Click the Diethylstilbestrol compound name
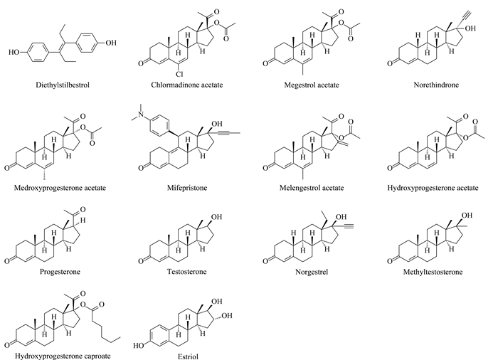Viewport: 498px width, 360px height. [x=63, y=85]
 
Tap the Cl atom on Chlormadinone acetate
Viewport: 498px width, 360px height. [x=179, y=75]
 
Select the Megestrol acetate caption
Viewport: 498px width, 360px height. [x=312, y=85]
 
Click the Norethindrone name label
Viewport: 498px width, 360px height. [x=436, y=85]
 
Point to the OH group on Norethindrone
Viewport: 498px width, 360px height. [x=470, y=28]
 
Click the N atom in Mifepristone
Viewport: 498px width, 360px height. [x=142, y=114]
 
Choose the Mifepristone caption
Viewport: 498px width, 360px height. [x=187, y=188]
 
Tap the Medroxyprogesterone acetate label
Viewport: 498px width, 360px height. [x=60, y=188]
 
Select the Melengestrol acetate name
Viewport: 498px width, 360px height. [x=312, y=188]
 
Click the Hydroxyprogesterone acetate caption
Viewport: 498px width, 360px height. [x=433, y=188]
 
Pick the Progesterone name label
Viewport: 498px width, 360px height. [x=60, y=272]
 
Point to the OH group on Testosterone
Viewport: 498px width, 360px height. [x=216, y=217]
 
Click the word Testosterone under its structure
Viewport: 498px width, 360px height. [x=187, y=272]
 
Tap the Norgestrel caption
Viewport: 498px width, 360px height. [x=312, y=272]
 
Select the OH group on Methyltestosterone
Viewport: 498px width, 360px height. [x=467, y=216]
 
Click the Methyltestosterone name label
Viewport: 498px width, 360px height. [x=433, y=272]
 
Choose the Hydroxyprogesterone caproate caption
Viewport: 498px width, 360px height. [x=63, y=356]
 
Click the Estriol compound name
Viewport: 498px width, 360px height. [x=188, y=356]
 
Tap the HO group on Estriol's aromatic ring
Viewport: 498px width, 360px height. [x=139, y=346]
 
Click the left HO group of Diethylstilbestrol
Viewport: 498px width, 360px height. [x=14, y=53]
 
